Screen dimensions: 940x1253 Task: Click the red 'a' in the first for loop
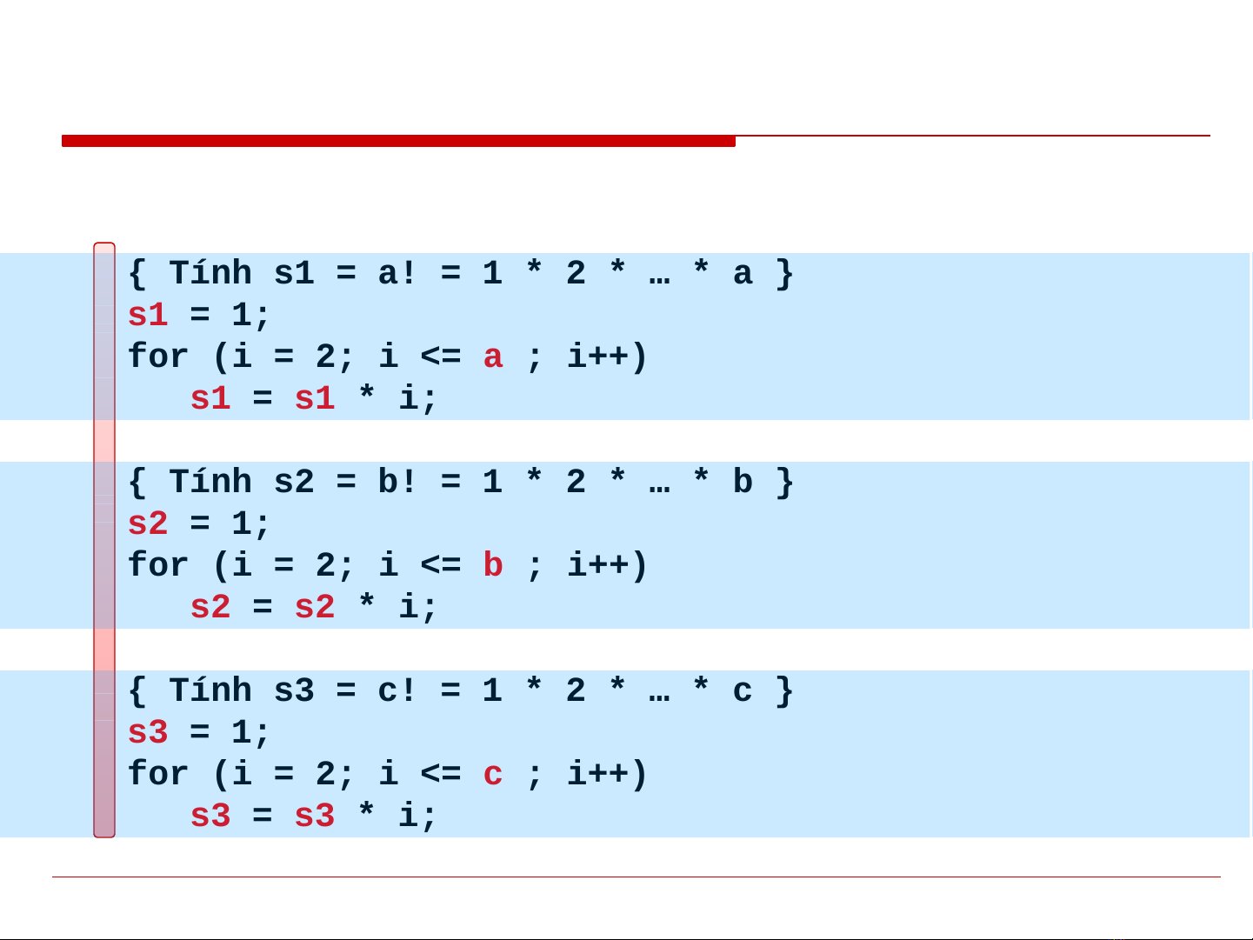493,357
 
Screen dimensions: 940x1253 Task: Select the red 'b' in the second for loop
493,565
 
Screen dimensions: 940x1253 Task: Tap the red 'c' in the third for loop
493,775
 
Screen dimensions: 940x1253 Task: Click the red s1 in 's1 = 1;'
148,315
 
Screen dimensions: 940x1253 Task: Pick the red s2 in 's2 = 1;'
148,523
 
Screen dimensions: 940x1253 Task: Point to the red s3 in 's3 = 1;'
148,732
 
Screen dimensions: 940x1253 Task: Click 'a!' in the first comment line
397,274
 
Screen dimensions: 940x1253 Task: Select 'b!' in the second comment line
397,482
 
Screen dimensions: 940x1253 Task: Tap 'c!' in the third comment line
397,691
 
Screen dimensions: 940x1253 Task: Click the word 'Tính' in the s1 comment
210,273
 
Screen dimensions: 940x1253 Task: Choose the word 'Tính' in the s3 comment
210,690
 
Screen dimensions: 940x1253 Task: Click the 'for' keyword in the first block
158,357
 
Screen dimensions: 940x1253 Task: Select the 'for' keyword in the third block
158,774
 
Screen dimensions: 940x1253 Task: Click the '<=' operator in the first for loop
441,357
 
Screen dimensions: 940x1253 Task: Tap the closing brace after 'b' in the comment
785,482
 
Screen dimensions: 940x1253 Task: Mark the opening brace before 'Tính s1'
137,274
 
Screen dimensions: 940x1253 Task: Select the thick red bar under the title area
398,141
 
